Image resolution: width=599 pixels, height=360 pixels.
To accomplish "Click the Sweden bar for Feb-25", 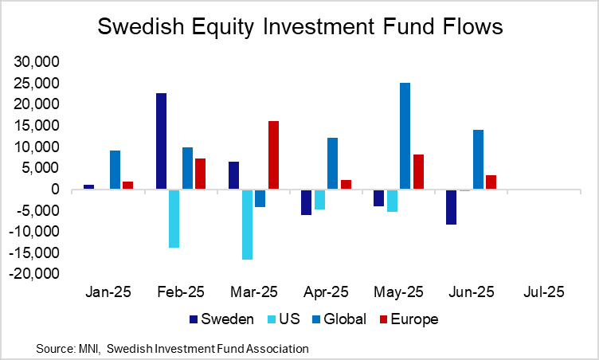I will pos(162,141).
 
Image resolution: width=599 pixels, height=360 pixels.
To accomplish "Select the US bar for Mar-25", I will pos(247,225).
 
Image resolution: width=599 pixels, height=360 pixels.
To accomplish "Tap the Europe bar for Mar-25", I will pos(273,155).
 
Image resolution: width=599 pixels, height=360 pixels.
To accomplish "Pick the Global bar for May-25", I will pos(405,136).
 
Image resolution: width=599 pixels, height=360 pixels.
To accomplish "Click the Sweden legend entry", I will pos(222,319).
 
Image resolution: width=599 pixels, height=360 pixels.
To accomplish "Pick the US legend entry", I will pos(292,319).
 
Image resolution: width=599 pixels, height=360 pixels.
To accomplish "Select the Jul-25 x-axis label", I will pos(544,292).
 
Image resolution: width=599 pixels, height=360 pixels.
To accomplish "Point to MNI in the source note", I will pos(88,349).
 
